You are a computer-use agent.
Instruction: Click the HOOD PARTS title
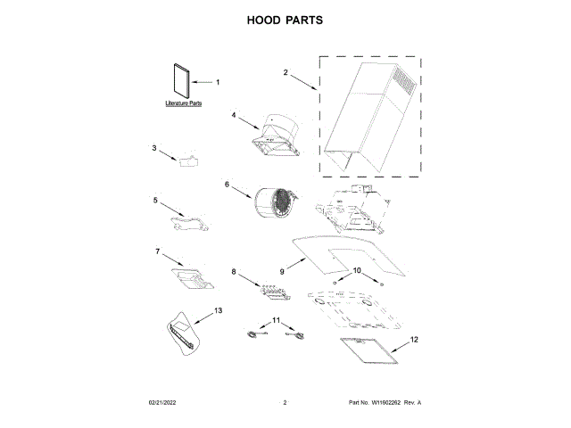pyautogui.click(x=285, y=20)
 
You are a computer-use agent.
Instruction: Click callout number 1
pyautogui.click(x=217, y=82)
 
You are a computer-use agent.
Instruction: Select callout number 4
pyautogui.click(x=234, y=115)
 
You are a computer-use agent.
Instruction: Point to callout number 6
pyautogui.click(x=227, y=185)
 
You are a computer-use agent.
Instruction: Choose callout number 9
pyautogui.click(x=282, y=270)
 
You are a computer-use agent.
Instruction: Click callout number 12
pyautogui.click(x=413, y=340)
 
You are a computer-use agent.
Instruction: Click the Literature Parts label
pyautogui.click(x=184, y=104)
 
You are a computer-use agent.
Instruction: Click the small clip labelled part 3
pyautogui.click(x=188, y=160)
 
